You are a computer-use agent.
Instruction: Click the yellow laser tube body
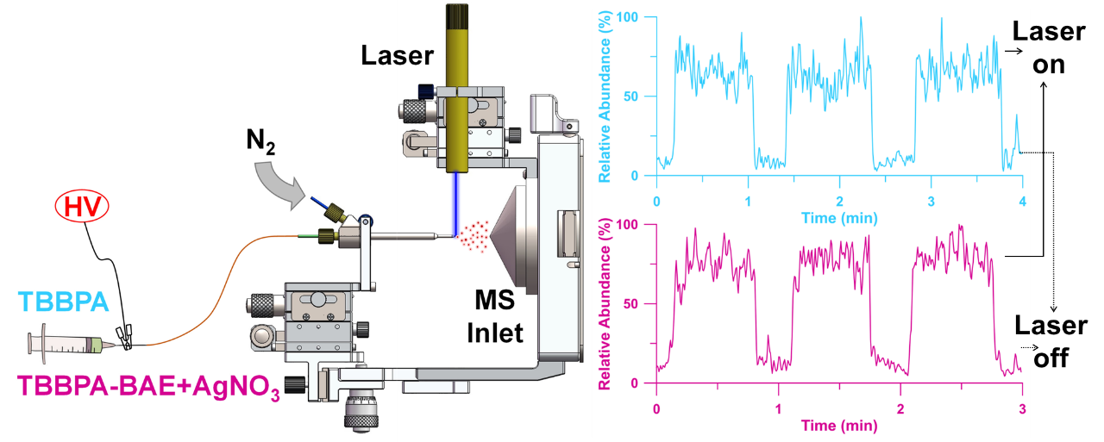pyautogui.click(x=455, y=95)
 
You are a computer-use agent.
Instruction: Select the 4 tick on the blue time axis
pyautogui.click(x=1022, y=201)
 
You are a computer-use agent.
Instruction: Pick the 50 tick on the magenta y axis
pyautogui.click(x=641, y=304)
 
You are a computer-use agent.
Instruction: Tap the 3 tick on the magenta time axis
pyautogui.click(x=1022, y=408)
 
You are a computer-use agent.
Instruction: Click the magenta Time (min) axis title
pyautogui.click(x=837, y=426)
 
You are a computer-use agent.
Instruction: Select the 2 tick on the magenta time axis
pyautogui.click(x=900, y=408)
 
